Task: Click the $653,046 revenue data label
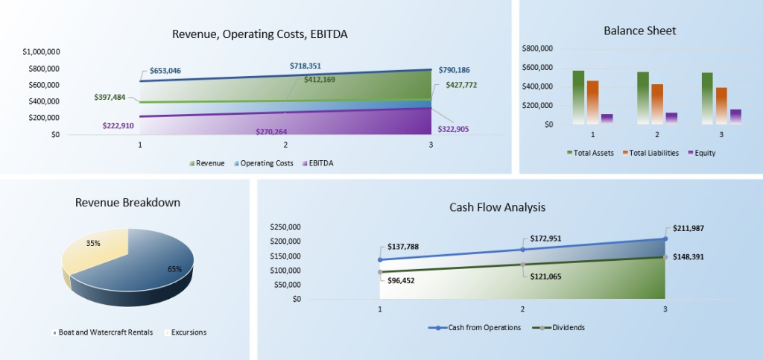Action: [x=165, y=71]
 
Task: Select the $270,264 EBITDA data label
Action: [x=271, y=131]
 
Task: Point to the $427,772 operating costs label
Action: [x=461, y=85]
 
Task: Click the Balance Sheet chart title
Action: [x=639, y=31]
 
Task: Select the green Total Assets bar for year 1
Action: [x=578, y=96]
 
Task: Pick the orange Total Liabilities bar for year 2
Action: [x=656, y=104]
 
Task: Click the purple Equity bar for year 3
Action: [x=735, y=116]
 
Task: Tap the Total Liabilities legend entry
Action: [x=650, y=152]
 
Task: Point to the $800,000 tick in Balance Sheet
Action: [x=539, y=48]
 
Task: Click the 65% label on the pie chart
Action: [x=174, y=269]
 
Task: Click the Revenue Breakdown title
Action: [x=127, y=203]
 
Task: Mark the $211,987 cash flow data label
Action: [x=688, y=228]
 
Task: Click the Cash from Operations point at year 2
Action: [x=522, y=249]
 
